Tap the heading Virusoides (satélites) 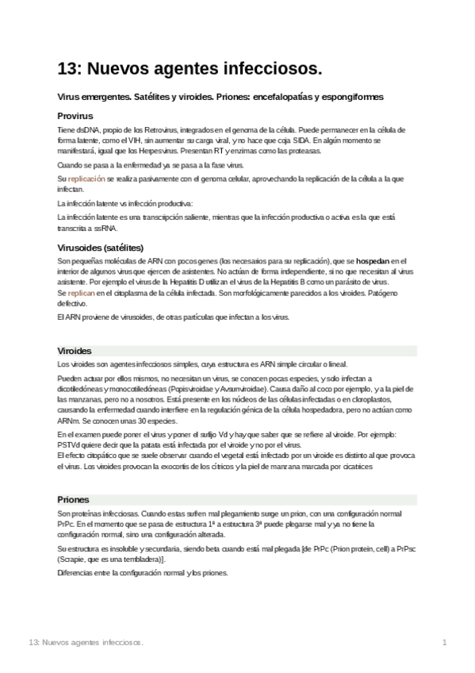(100, 247)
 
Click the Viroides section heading (75, 350)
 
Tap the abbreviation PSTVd (70, 446)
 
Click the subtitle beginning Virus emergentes (220, 97)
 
